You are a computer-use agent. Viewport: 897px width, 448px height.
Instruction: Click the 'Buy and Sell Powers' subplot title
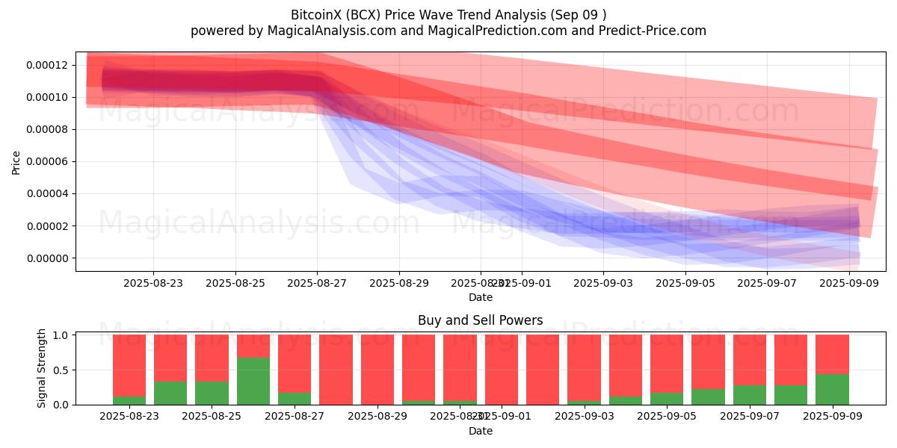click(x=480, y=320)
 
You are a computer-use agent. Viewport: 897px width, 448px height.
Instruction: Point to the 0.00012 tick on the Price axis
click(x=47, y=65)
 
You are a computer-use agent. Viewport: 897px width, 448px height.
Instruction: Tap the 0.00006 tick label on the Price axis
click(x=47, y=162)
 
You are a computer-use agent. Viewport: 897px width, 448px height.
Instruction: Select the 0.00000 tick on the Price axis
click(x=47, y=258)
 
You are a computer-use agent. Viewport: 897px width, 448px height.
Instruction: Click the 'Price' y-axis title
click(x=16, y=162)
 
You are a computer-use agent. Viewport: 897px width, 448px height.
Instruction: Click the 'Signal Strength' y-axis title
click(x=42, y=368)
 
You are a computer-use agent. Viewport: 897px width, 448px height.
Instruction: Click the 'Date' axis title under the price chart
click(x=480, y=297)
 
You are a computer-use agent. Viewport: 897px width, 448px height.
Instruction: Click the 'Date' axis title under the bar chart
click(x=480, y=431)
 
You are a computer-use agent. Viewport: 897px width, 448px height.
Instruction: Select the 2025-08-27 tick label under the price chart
click(x=318, y=283)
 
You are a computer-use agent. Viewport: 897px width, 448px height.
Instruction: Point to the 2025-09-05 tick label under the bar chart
click(x=685, y=417)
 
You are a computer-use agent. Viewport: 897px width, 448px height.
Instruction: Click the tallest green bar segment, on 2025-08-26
click(x=253, y=381)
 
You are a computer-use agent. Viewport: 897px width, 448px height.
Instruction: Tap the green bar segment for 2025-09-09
click(x=832, y=389)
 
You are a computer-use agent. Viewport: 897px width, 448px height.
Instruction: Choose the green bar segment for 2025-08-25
click(x=212, y=393)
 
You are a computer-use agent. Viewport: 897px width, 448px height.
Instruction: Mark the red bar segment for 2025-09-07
click(x=749, y=360)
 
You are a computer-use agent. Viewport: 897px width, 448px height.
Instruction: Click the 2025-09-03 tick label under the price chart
click(x=603, y=283)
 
